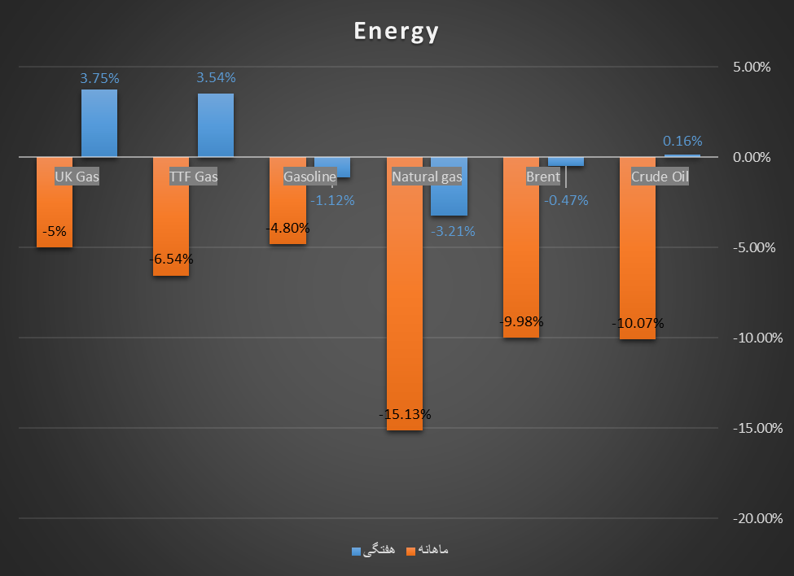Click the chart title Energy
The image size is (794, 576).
[396, 31]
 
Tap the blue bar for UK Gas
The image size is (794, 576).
[99, 123]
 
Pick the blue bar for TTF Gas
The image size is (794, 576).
[216, 125]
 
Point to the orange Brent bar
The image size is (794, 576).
[521, 260]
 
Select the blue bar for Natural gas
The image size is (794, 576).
[449, 200]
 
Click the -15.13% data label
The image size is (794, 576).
[405, 414]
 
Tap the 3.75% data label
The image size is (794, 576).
[99, 78]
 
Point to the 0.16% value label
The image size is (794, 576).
[682, 141]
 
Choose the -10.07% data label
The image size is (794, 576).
[638, 323]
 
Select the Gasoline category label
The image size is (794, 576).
[309, 177]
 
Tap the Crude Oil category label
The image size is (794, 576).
[660, 177]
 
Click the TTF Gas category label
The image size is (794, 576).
[193, 177]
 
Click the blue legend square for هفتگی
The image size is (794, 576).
[356, 551]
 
